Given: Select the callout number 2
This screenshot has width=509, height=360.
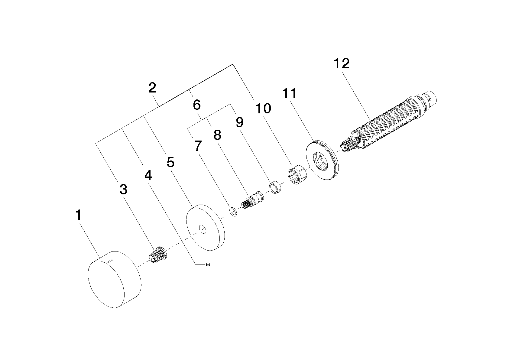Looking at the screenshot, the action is (x=152, y=88).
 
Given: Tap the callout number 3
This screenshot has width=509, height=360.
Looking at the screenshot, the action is (x=123, y=189).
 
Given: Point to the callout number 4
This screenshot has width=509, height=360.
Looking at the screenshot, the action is (x=148, y=175).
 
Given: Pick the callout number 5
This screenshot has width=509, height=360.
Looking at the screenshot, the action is (x=170, y=162).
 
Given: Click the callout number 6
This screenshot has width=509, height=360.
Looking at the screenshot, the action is (x=197, y=105).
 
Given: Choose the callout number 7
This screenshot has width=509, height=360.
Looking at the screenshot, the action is (x=198, y=146).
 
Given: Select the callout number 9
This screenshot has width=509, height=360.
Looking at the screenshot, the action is (x=239, y=122).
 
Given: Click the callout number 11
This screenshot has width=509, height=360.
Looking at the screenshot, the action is (x=289, y=93).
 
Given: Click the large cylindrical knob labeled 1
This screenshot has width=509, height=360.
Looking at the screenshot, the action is (x=115, y=280).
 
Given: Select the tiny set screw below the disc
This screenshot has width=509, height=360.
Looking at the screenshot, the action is (x=208, y=264).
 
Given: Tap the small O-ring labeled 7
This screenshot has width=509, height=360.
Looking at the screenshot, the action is (x=233, y=212).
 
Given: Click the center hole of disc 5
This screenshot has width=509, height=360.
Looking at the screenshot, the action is (x=202, y=229).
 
